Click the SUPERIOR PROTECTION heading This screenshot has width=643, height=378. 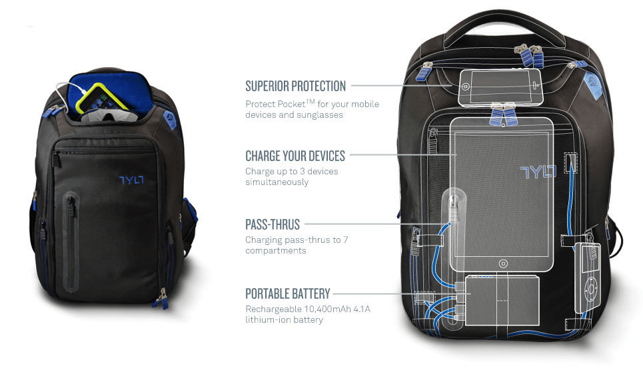[295, 86]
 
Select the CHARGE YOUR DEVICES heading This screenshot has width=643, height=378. [295, 156]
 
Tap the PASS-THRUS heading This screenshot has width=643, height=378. [273, 224]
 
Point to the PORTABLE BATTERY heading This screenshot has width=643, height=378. [287, 293]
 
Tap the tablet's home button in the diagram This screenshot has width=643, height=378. [503, 262]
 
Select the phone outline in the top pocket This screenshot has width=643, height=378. [499, 86]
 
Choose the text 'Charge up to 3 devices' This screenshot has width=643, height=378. [292, 171]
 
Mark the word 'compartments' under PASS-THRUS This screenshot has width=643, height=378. [275, 251]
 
